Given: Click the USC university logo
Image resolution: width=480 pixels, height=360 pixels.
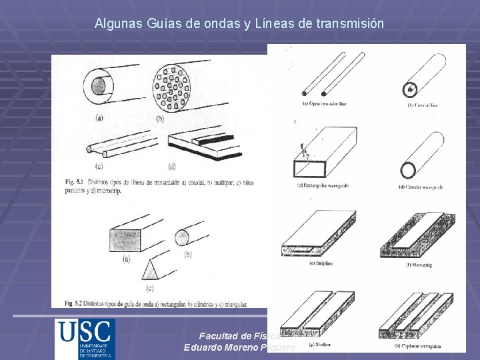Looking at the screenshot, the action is tap(85, 339).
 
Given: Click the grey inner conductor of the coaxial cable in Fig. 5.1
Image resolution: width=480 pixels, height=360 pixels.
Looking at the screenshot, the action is tap(99, 86).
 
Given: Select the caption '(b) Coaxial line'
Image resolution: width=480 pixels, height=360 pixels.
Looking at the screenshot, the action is tap(424, 106).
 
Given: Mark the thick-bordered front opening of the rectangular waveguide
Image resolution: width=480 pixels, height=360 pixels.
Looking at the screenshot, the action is tap(310, 168).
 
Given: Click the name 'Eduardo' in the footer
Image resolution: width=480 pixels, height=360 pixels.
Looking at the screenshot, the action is tap(203, 348).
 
